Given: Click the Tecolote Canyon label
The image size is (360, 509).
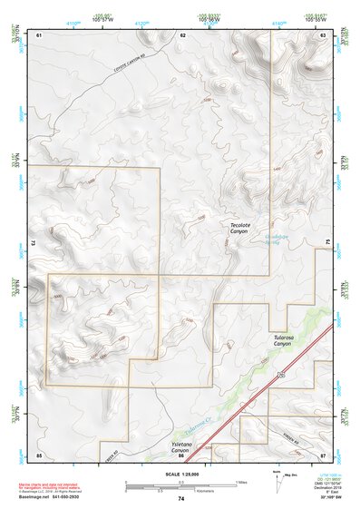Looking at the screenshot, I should pyautogui.click(x=238, y=229).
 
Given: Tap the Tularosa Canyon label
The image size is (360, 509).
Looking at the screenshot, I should pyautogui.click(x=282, y=341).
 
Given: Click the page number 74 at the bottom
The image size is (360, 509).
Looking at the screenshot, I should pyautogui.click(x=180, y=498).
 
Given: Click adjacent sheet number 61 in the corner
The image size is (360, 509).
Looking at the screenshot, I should pyautogui.click(x=39, y=34).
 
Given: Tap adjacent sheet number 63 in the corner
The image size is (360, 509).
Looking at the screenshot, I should pyautogui.click(x=323, y=34).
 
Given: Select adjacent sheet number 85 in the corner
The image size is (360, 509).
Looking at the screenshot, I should pyautogui.click(x=39, y=454).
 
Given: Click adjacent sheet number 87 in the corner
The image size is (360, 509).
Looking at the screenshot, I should pyautogui.click(x=323, y=454).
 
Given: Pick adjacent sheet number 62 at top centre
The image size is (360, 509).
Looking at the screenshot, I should pyautogui.click(x=182, y=34).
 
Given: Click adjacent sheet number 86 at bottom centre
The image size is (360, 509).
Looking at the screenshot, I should pyautogui.click(x=181, y=454).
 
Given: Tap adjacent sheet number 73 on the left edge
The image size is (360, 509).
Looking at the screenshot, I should pyautogui.click(x=34, y=242).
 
